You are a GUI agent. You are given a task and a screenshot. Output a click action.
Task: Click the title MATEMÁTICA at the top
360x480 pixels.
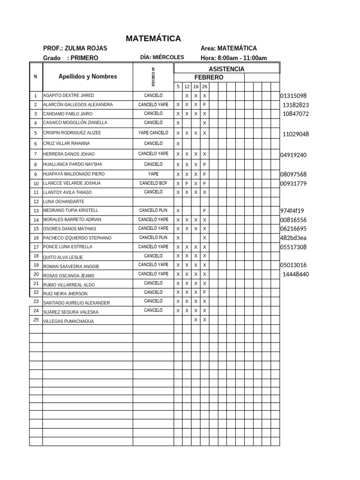point(153,38)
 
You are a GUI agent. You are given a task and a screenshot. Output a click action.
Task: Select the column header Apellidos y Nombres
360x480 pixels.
point(88,76)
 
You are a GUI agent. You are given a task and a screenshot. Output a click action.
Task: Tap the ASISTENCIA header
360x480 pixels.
point(226,69)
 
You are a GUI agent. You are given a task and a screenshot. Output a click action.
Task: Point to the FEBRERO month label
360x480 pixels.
point(209,77)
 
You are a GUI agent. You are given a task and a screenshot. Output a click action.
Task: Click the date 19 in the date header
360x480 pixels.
point(195,87)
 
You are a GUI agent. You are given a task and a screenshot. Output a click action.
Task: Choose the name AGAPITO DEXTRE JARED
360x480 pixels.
point(68,96)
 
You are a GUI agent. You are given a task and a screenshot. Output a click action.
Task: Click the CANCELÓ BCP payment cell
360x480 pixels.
point(153,183)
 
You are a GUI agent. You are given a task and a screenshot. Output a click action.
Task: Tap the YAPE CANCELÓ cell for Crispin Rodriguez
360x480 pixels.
point(153,133)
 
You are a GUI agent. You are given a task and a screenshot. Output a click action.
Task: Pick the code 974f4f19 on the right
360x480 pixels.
point(292,210)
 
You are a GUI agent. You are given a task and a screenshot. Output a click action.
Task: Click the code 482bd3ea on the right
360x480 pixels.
point(293,238)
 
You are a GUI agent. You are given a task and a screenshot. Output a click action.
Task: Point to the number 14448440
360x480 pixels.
point(296,274)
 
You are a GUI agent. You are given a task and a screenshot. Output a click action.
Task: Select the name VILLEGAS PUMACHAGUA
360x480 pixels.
point(68,321)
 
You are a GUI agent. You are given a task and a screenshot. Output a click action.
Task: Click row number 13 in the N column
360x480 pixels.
point(36,210)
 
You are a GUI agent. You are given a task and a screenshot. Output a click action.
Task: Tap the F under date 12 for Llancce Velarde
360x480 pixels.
point(187,183)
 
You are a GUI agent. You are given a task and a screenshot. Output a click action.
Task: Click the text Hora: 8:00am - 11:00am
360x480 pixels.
point(233,58)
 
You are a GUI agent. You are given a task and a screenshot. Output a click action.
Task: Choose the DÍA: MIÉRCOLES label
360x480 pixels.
point(162,57)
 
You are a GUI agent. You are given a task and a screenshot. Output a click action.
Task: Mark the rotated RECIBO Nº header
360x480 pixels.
point(153,76)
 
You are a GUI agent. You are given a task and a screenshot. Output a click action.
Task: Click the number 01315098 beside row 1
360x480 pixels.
point(293,96)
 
